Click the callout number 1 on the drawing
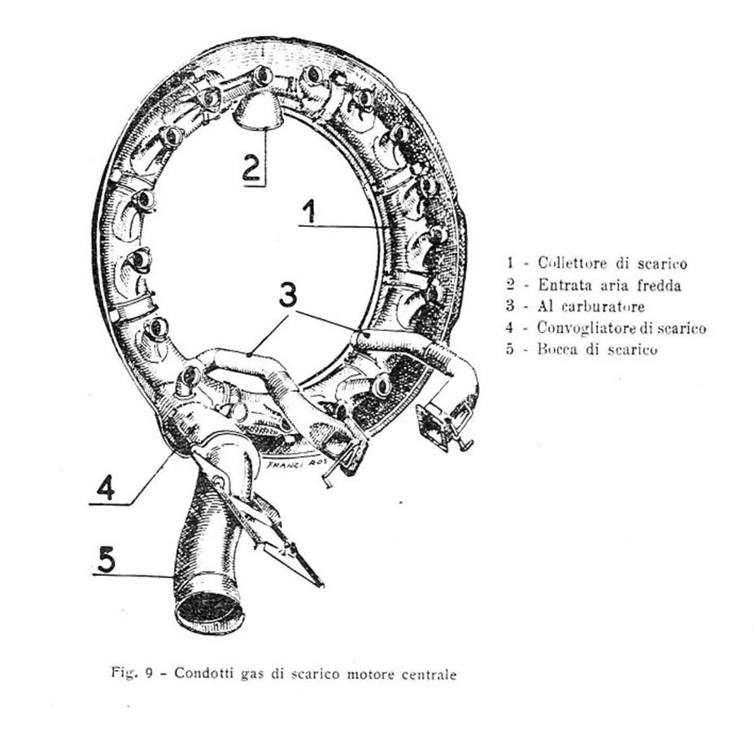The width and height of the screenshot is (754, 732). pyautogui.click(x=310, y=211)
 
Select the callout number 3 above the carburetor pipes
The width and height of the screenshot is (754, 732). pyautogui.click(x=288, y=294)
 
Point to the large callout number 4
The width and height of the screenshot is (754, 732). pyautogui.click(x=107, y=487)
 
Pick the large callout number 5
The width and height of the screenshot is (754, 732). pyautogui.click(x=107, y=560)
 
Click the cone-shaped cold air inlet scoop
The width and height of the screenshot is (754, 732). pyautogui.click(x=258, y=111)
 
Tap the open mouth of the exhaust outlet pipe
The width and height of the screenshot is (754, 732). pyautogui.click(x=209, y=612)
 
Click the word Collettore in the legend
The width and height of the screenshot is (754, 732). pyautogui.click(x=573, y=263)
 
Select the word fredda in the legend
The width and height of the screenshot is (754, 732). pyautogui.click(x=659, y=285)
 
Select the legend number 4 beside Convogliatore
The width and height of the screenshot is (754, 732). pyautogui.click(x=510, y=328)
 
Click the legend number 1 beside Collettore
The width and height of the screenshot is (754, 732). pyautogui.click(x=510, y=263)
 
